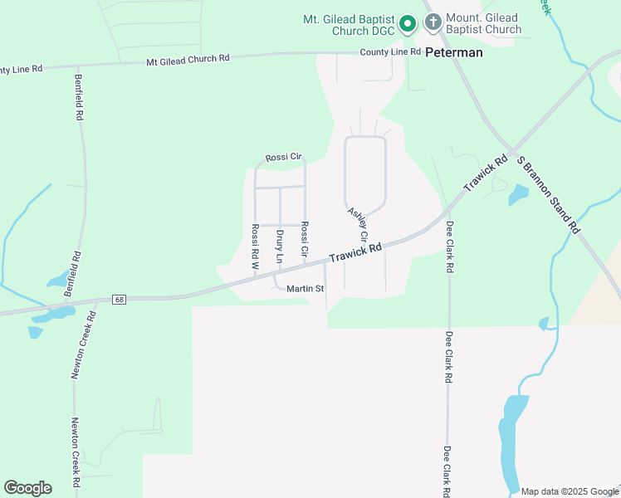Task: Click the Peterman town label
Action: click(x=454, y=51)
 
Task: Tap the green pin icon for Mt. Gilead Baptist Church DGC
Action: click(x=408, y=24)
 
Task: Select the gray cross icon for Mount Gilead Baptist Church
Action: click(x=433, y=22)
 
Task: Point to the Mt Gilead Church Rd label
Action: click(x=188, y=60)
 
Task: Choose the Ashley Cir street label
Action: click(x=358, y=226)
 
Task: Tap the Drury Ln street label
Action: click(x=280, y=247)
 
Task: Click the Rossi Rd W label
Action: click(x=256, y=248)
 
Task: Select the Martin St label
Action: click(x=305, y=289)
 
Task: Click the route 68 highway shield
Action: click(x=120, y=299)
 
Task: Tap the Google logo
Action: click(x=27, y=488)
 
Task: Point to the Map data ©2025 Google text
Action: click(x=569, y=491)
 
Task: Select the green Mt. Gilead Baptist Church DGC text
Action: click(x=348, y=23)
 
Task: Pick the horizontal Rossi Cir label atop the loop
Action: click(x=283, y=158)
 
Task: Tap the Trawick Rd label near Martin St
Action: click(x=355, y=252)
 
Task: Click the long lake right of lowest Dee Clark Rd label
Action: click(x=511, y=440)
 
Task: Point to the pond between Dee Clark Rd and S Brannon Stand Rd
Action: click(x=518, y=195)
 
